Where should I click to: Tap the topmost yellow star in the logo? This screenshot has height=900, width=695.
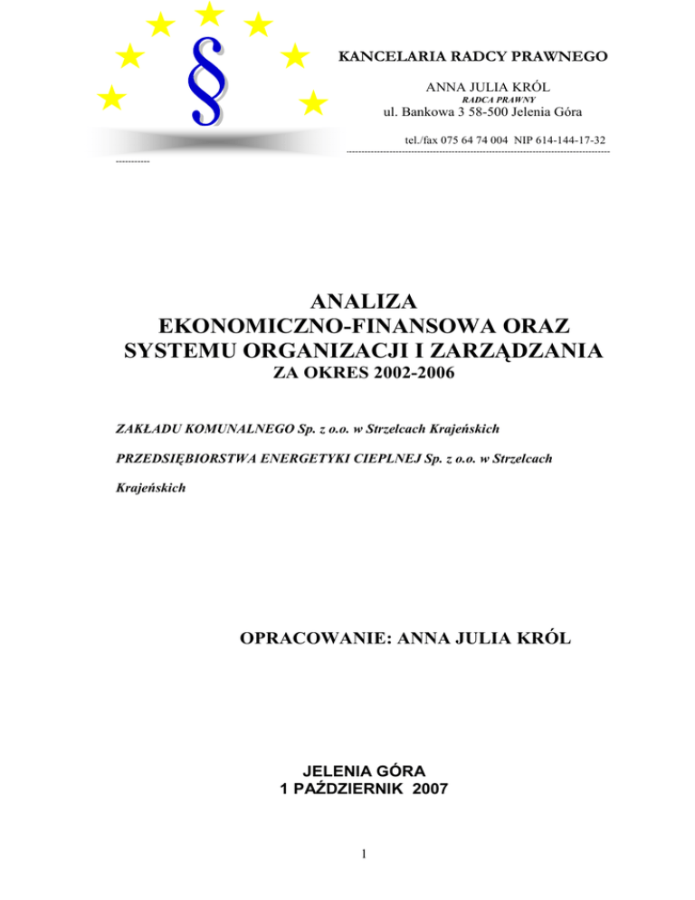tap(209, 13)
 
